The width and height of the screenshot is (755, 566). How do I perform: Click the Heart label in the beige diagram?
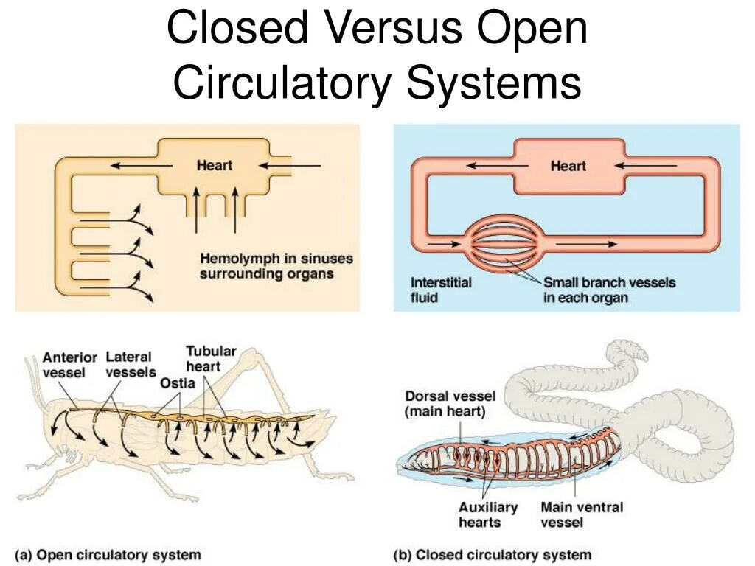click(214, 165)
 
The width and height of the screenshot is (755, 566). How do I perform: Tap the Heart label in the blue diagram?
click(568, 166)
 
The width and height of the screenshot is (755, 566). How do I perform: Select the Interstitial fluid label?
click(441, 290)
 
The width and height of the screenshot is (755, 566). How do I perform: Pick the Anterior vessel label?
click(69, 364)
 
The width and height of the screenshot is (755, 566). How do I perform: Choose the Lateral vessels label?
click(131, 364)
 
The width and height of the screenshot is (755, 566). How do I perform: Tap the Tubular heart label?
click(210, 358)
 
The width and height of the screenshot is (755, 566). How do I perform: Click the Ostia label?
click(177, 382)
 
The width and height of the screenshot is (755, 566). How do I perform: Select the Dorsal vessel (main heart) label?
click(449, 404)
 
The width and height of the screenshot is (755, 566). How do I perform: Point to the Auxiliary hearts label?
click(487, 514)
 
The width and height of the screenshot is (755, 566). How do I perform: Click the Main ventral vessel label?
click(581, 514)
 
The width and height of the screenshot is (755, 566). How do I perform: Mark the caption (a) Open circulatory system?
click(108, 554)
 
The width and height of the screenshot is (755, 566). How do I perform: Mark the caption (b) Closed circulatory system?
click(493, 554)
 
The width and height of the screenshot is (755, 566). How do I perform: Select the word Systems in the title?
click(494, 83)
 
